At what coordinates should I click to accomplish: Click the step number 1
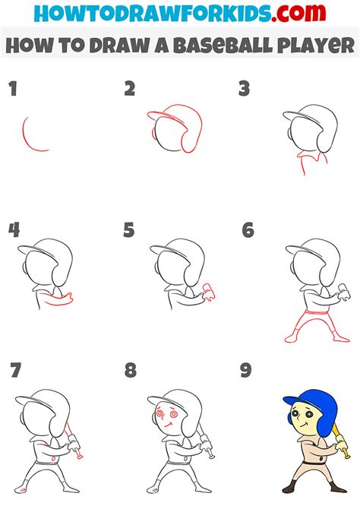[x=13, y=89]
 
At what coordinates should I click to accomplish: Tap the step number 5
[x=129, y=230]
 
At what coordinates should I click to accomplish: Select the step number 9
[x=246, y=371]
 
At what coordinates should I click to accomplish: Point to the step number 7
[x=16, y=370]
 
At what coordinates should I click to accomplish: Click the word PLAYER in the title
[x=315, y=46]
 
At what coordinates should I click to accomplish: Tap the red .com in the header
[x=298, y=14]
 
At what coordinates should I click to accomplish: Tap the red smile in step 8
[x=168, y=424]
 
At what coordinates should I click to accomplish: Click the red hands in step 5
[x=208, y=292]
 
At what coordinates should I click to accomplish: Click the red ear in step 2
[x=153, y=132]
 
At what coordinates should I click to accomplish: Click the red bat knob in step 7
[x=79, y=456]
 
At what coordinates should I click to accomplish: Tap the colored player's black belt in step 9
[x=314, y=462]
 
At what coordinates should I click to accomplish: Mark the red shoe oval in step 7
[x=23, y=490]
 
